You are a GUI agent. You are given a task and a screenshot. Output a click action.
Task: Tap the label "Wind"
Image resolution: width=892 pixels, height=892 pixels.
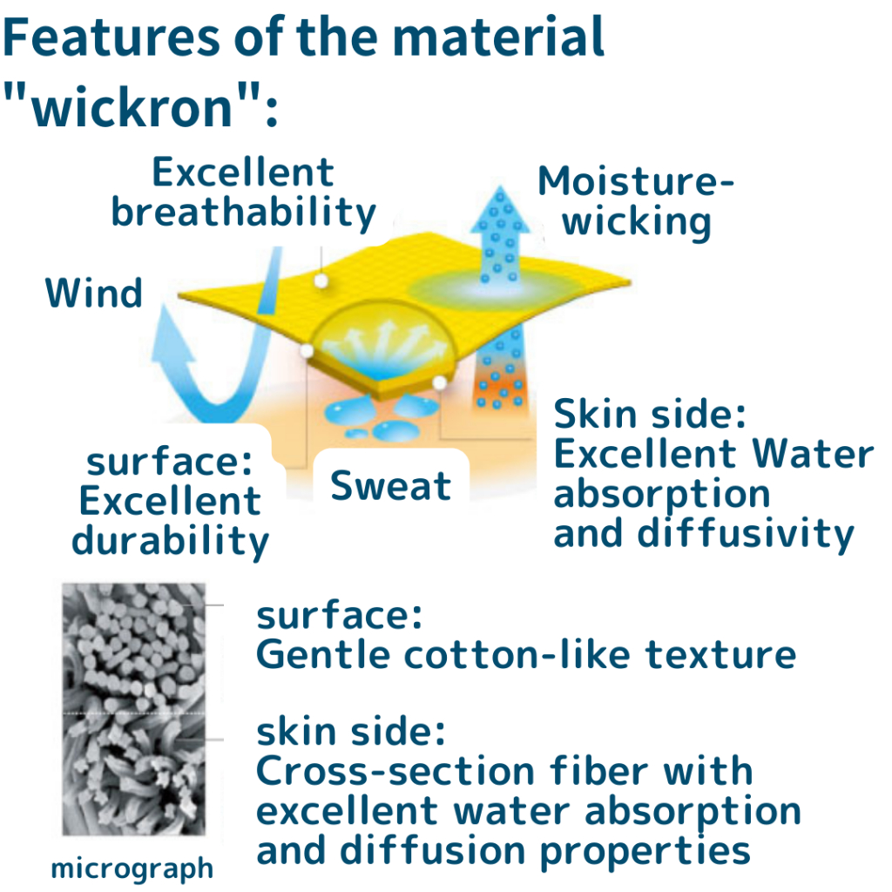point(94,294)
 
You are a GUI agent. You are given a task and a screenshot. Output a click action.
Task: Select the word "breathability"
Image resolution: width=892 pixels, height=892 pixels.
point(244,213)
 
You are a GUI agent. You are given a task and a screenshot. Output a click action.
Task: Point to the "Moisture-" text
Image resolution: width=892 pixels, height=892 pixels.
point(636,181)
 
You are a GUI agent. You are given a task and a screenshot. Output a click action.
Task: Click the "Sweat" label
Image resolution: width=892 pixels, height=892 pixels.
point(391,486)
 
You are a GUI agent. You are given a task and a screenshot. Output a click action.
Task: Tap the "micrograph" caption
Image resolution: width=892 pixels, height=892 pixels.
point(132,869)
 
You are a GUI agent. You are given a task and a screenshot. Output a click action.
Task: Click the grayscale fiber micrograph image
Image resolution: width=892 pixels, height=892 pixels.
point(133,709)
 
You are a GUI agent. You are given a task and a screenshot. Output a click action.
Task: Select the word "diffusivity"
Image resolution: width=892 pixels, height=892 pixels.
point(746,535)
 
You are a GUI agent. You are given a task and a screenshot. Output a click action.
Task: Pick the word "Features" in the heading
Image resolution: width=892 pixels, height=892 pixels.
point(111,37)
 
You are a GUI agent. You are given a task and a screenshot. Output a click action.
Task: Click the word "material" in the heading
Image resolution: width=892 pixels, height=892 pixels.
point(498,37)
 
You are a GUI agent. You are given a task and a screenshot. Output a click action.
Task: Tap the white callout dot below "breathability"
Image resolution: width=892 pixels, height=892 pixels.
point(321,280)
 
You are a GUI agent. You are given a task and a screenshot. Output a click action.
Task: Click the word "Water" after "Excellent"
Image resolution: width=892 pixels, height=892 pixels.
point(813,454)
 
